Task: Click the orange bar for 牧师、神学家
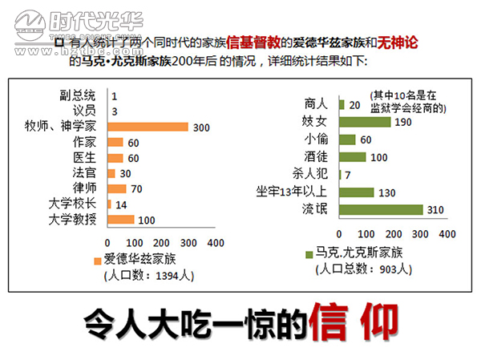point(147,127)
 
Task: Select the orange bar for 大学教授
point(119,219)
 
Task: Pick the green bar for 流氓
point(381,210)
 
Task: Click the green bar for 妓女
point(365,121)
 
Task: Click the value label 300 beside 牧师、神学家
point(201,127)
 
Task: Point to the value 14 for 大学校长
point(120,204)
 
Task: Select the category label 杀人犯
point(311,174)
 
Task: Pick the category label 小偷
point(317,139)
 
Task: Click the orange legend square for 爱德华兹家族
point(97,258)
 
